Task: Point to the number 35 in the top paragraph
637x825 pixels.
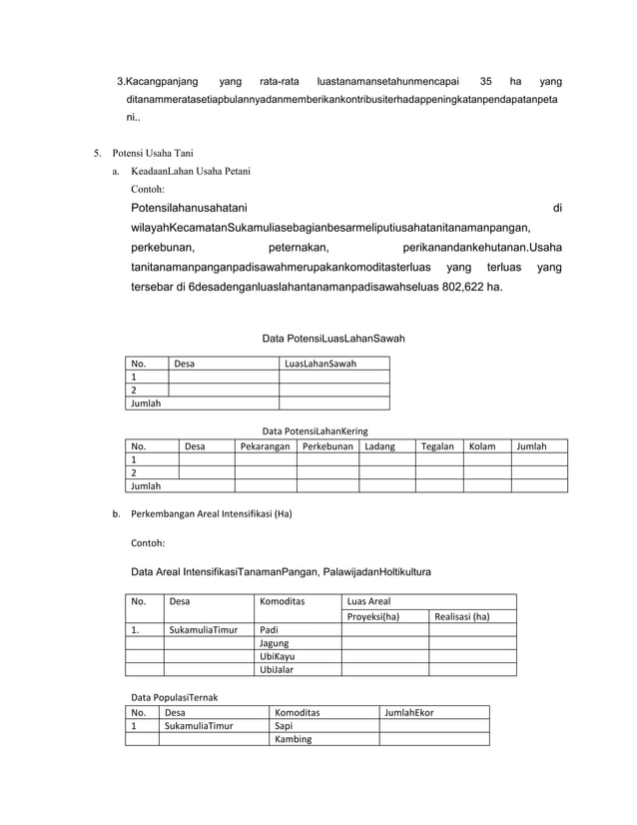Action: pos(485,81)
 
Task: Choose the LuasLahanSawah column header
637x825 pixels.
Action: pos(320,364)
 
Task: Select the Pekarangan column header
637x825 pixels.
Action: pos(265,445)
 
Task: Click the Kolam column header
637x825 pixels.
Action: pos(482,445)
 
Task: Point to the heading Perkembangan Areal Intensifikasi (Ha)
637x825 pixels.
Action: pos(212,514)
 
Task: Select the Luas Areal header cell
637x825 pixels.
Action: pos(368,602)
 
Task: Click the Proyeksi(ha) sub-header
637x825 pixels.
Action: pos(372,616)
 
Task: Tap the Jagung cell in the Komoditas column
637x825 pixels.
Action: pos(274,643)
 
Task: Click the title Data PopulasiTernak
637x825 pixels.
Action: pos(175,695)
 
